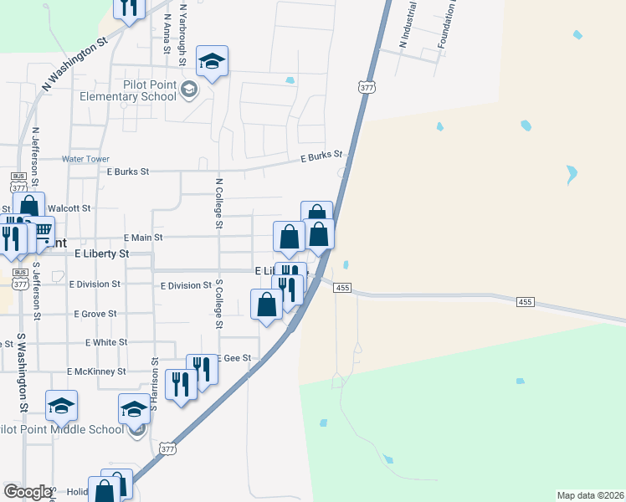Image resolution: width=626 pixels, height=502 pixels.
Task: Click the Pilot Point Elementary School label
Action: click(126, 90)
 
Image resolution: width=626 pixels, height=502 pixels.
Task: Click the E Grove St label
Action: click(95, 315)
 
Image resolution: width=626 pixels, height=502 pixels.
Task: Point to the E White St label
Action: click(106, 342)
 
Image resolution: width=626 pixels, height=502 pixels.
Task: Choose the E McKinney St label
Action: click(97, 371)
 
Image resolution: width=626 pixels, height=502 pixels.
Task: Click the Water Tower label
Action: click(85, 159)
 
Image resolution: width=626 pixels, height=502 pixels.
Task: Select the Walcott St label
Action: click(69, 207)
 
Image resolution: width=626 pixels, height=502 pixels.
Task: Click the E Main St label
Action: click(142, 238)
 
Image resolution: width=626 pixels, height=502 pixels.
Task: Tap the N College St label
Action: click(219, 202)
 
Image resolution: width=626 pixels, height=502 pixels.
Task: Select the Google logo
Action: click(28, 492)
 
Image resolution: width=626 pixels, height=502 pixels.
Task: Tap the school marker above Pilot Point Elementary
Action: click(213, 60)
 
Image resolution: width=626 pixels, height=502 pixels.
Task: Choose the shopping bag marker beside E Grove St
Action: click(267, 304)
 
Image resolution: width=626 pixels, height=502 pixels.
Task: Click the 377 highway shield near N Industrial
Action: click(366, 87)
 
